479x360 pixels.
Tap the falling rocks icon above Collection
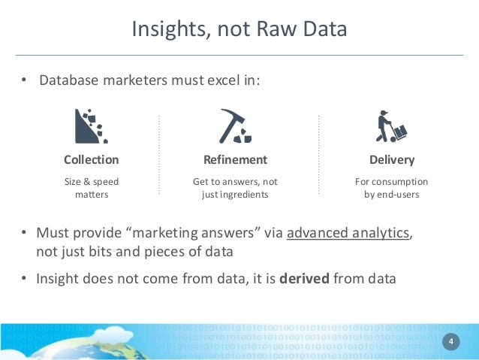click(x=91, y=126)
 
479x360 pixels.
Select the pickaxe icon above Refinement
click(x=235, y=126)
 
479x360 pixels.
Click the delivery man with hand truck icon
click(x=390, y=126)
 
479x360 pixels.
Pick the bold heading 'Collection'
click(x=91, y=159)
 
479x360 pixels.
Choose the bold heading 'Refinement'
click(x=235, y=159)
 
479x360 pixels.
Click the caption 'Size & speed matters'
click(x=91, y=188)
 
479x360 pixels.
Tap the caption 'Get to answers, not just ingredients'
click(x=235, y=188)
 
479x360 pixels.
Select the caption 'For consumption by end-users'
click(x=391, y=188)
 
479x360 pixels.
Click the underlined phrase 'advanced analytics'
click(x=348, y=232)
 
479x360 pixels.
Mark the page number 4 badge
click(x=451, y=343)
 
